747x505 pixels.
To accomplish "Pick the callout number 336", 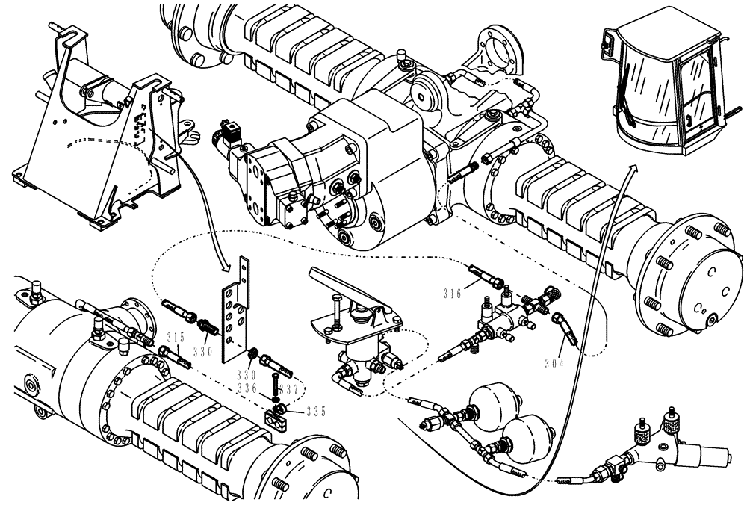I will click(x=247, y=388).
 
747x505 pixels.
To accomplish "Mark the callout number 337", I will click(x=294, y=388).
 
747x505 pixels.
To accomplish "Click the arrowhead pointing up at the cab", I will click(x=633, y=173).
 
